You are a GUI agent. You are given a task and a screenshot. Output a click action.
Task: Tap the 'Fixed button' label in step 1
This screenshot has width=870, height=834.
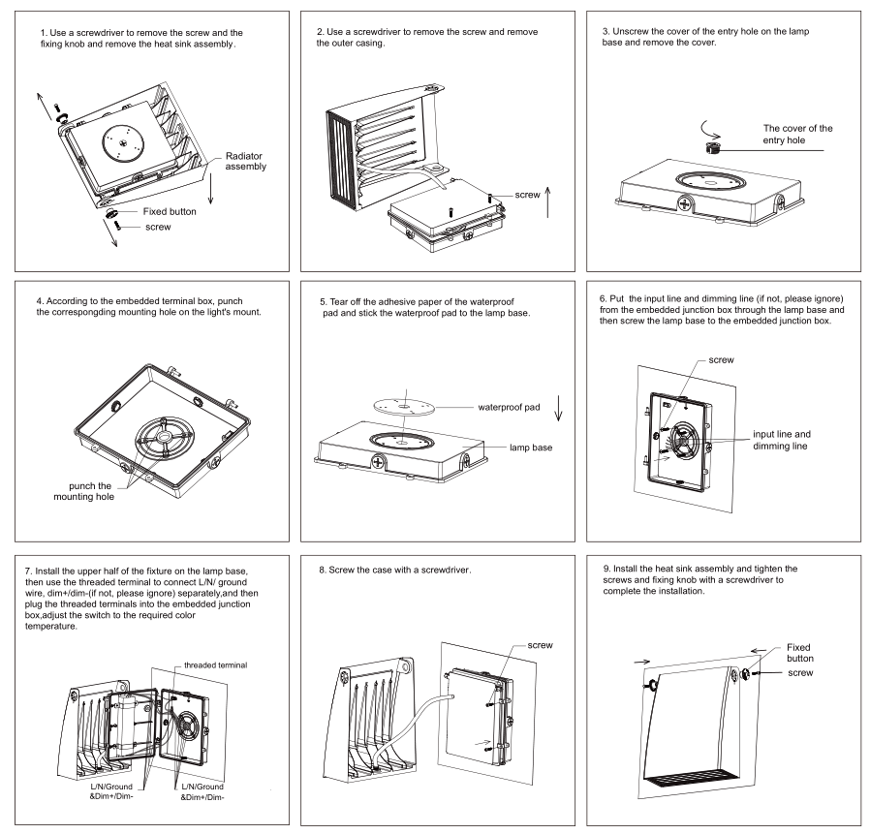coord(169,210)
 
